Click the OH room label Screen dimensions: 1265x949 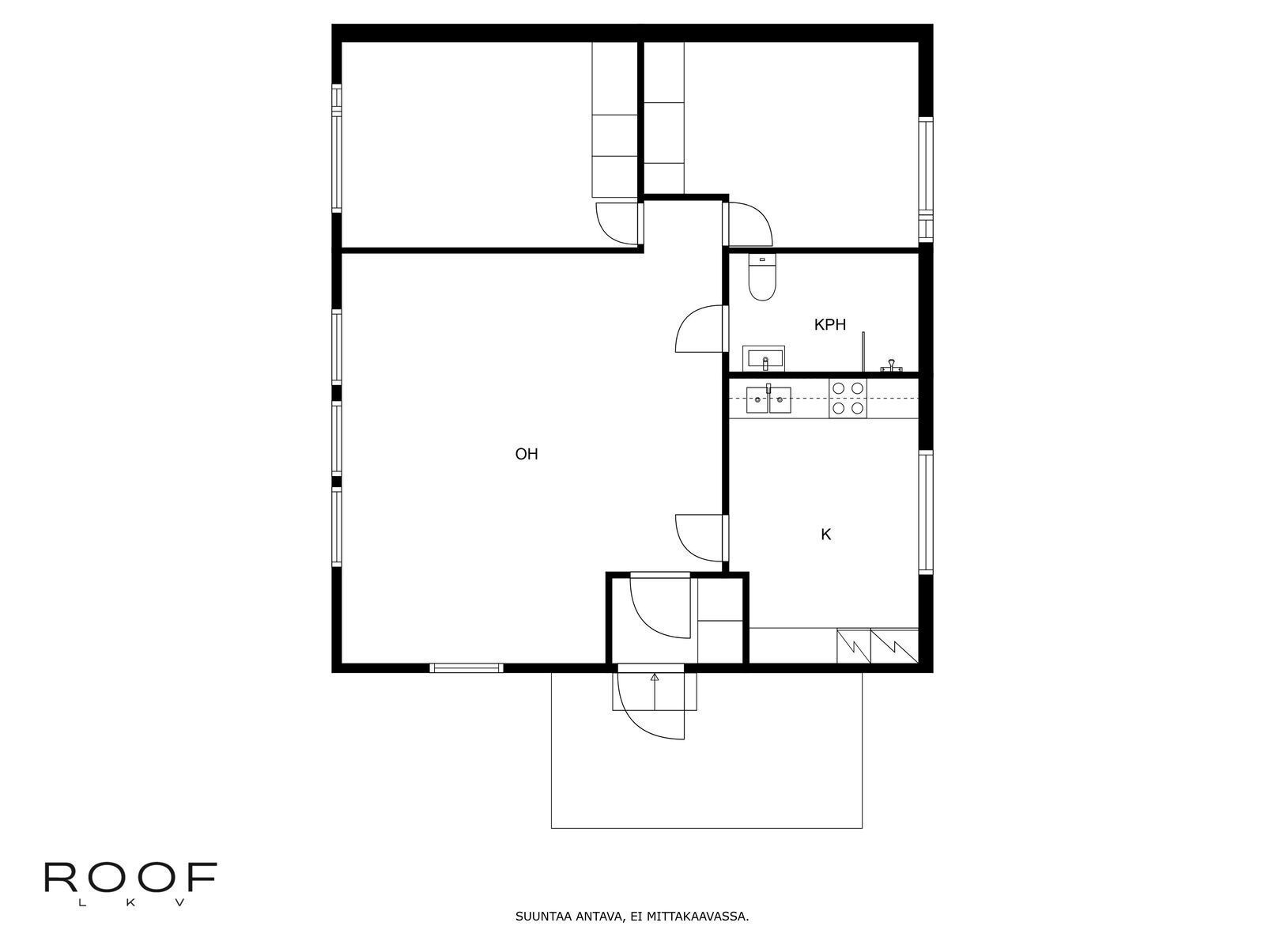click(527, 454)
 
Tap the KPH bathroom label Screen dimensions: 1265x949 click(829, 325)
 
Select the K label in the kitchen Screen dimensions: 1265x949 click(825, 535)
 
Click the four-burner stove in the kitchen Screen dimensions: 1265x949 click(848, 398)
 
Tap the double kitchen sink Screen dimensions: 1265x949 click(768, 400)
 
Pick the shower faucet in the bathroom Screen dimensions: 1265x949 click(889, 365)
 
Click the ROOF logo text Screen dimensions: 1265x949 click(130, 877)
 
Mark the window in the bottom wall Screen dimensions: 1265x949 click(466, 667)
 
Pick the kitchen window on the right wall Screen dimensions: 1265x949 click(926, 512)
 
